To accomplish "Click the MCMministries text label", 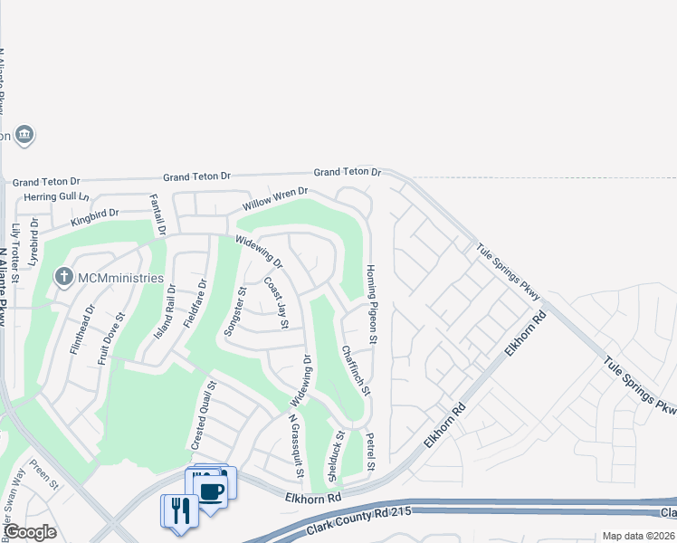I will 119,278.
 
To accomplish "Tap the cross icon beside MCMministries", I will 63,277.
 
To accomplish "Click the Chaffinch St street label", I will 356,369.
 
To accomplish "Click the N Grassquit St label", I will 294,447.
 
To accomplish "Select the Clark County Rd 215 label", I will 360,519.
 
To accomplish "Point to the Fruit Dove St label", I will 109,338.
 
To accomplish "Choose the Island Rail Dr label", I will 164,311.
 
